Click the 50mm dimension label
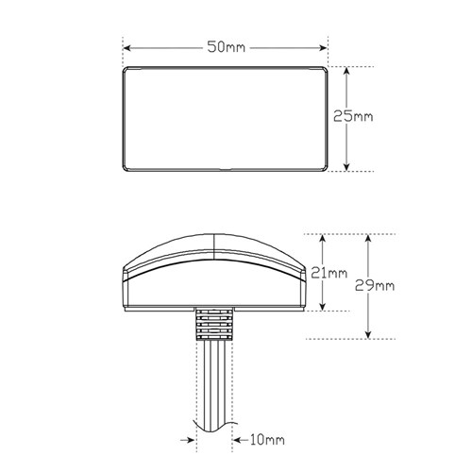click(226, 47)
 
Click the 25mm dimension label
click(353, 116)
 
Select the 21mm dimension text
click(329, 273)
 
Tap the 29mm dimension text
click(375, 286)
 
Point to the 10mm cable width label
click(267, 440)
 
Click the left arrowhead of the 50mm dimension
click(126, 48)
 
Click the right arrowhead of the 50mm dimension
click(324, 48)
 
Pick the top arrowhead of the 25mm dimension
click(346, 71)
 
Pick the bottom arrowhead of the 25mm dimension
click(346, 167)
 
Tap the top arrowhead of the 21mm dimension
click(322, 239)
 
